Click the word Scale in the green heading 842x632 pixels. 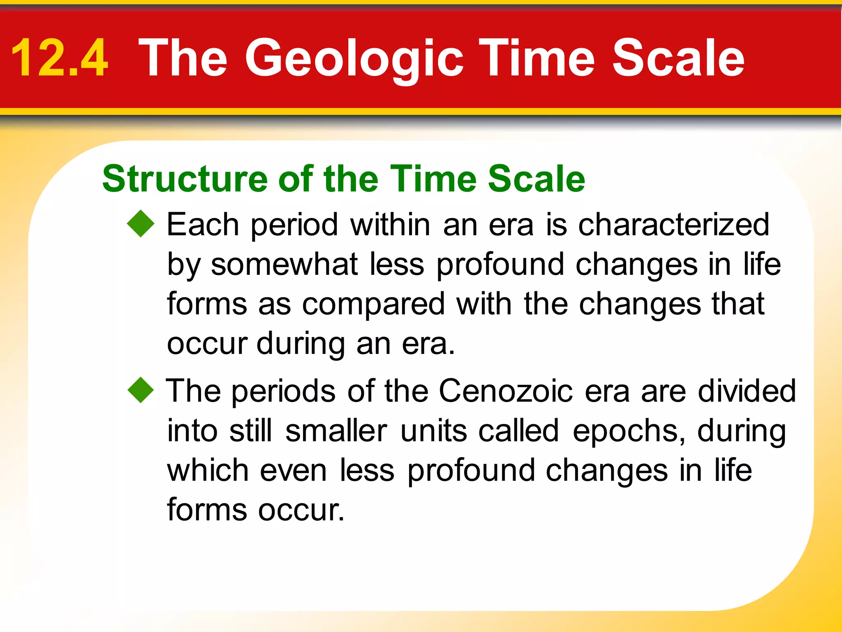[536, 179]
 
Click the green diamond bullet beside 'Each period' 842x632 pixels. [141, 224]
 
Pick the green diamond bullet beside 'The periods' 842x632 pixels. [141, 390]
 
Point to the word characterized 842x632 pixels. [673, 225]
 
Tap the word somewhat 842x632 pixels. [284, 265]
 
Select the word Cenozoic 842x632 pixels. [505, 391]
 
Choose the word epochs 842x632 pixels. [629, 431]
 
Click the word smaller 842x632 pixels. [336, 431]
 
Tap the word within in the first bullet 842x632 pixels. [390, 225]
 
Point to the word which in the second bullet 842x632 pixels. [208, 471]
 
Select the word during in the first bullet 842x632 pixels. [301, 344]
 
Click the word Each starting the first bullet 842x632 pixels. [203, 225]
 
